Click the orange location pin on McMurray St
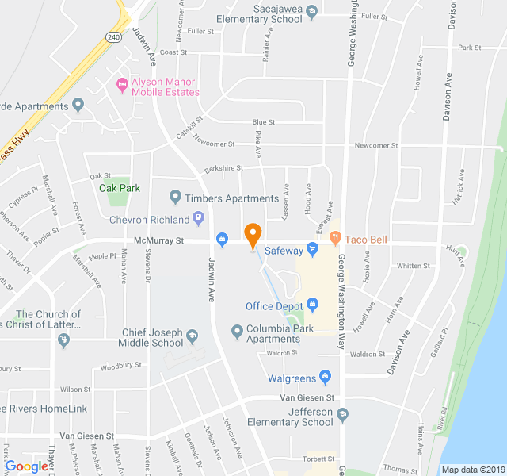(x=253, y=236)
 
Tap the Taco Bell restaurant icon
(x=335, y=236)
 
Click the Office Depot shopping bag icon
(x=312, y=305)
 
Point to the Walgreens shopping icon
(x=324, y=377)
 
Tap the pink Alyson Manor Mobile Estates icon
(x=121, y=84)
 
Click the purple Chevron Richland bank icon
(x=198, y=219)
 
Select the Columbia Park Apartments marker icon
(x=236, y=331)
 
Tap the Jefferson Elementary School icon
(x=342, y=414)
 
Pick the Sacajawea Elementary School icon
(x=311, y=11)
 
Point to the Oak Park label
(x=120, y=188)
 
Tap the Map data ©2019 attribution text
(x=472, y=469)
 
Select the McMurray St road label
(x=158, y=240)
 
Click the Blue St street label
(x=263, y=122)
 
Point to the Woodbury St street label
(x=121, y=366)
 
